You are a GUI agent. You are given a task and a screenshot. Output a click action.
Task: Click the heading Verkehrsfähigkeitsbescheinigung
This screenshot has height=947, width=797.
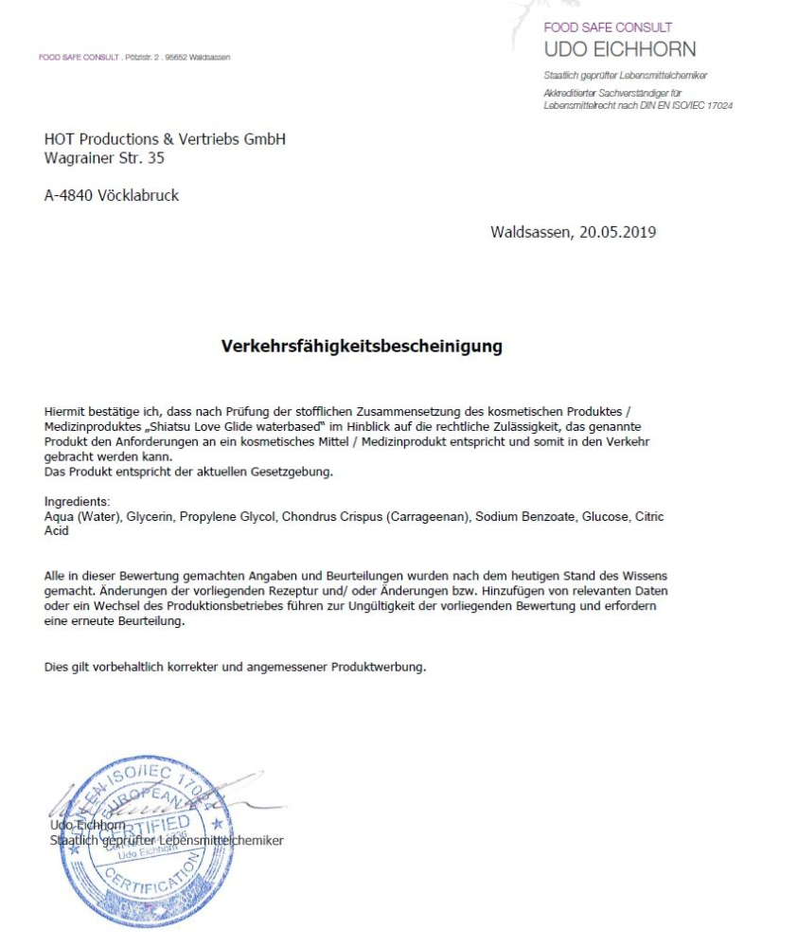pos(361,347)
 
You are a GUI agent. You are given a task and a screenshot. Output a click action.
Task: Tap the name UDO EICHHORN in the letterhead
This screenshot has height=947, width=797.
pos(619,49)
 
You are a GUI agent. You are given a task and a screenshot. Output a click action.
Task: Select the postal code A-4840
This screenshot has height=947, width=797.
pos(68,196)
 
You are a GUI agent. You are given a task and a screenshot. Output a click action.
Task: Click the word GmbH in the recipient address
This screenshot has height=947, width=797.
pos(264,139)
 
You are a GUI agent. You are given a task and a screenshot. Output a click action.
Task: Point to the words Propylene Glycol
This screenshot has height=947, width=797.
pos(234,517)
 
